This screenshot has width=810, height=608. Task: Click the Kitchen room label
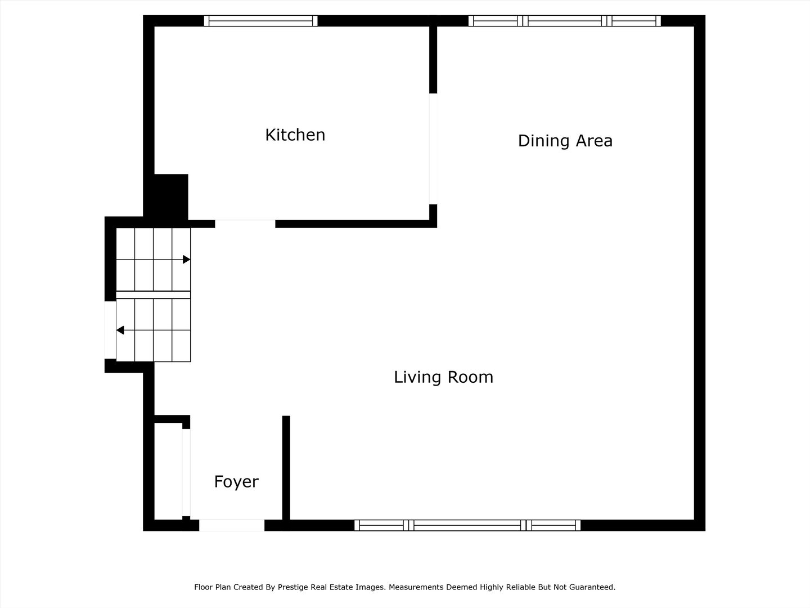point(295,135)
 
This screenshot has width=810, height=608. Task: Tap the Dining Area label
point(565,141)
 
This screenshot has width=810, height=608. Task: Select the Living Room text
point(444,377)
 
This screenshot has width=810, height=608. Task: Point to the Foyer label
point(236,482)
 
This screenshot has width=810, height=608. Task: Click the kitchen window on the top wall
point(260,21)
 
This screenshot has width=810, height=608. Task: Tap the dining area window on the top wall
point(565,21)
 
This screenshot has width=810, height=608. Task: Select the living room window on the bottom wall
point(467,525)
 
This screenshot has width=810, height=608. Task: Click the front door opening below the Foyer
point(232,525)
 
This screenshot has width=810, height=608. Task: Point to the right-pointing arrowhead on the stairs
point(187,260)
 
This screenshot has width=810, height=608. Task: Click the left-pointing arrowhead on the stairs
point(120,330)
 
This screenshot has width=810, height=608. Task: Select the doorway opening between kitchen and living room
point(245,223)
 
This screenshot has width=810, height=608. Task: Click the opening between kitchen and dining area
point(433,149)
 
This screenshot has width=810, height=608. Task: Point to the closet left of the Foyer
point(168,471)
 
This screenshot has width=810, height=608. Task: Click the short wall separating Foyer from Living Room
point(286,468)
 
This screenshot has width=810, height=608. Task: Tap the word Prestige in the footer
point(293,587)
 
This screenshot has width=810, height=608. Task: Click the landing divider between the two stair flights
point(153,294)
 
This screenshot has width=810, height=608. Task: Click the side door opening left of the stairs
point(110,330)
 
